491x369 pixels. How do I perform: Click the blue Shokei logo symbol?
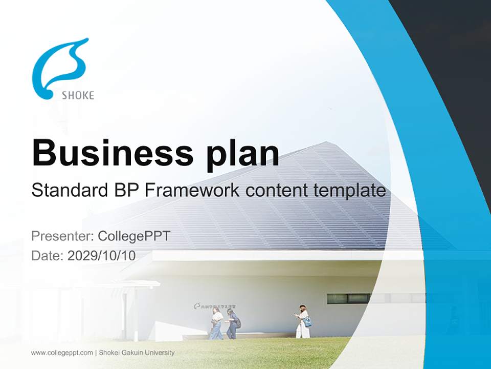coord(57,67)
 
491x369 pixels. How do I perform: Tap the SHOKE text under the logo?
coord(78,95)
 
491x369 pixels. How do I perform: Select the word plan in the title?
coord(243,154)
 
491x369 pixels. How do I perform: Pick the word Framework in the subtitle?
coord(192,191)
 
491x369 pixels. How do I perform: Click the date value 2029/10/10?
coord(102,256)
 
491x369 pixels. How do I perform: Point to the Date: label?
coord(48,256)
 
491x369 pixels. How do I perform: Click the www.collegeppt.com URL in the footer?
coord(62,353)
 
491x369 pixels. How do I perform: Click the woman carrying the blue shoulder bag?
coord(303,322)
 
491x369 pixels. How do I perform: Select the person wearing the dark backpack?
coord(233,323)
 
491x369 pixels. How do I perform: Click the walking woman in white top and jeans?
coord(217,323)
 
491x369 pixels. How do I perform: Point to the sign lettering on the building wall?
coord(218,306)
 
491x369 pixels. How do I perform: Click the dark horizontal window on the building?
coord(348,298)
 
